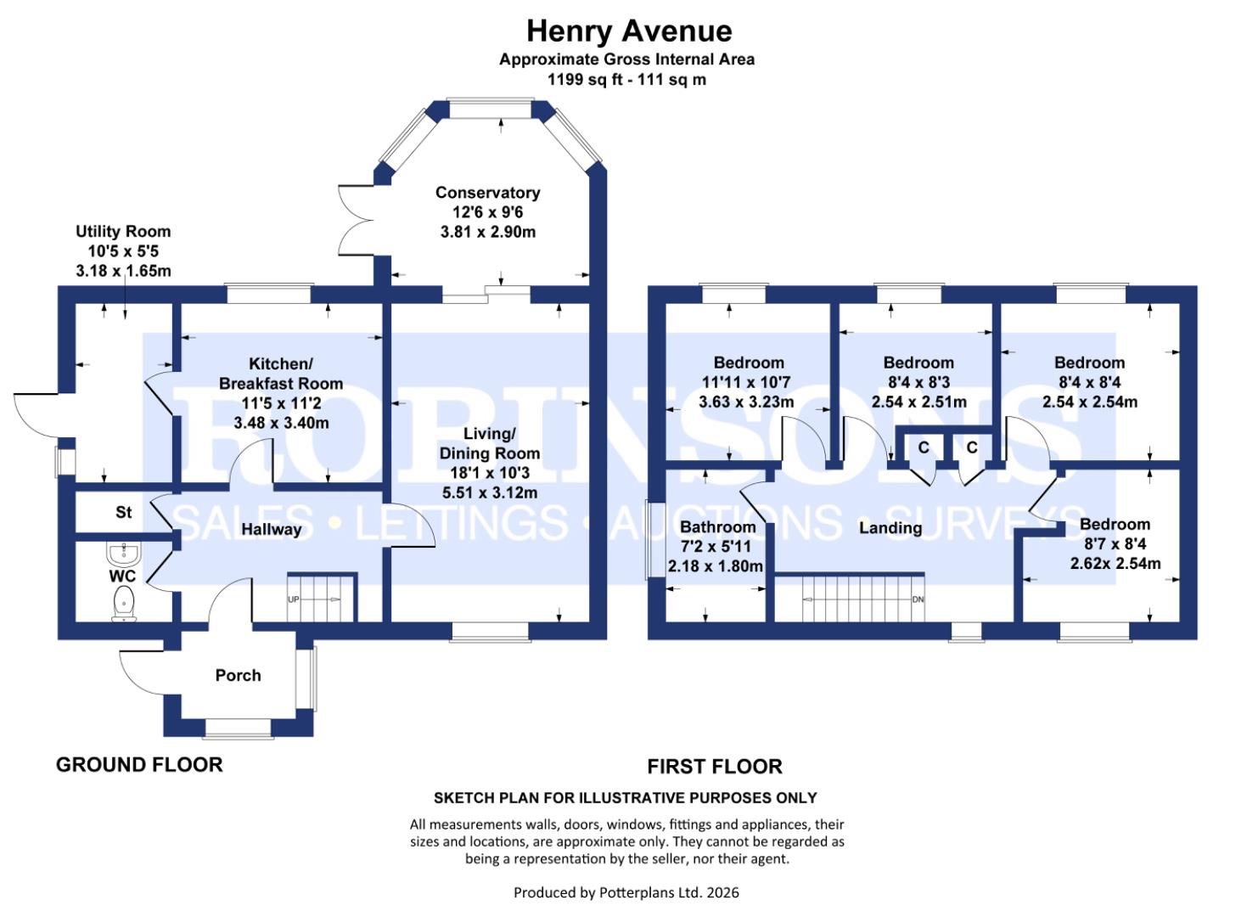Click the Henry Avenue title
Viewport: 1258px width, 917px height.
(x=628, y=31)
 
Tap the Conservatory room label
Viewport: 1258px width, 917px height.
(x=487, y=193)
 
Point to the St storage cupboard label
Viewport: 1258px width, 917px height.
(x=124, y=512)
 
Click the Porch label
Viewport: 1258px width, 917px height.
(x=238, y=676)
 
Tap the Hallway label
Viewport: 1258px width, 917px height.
(x=271, y=530)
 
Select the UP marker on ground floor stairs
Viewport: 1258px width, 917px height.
(x=294, y=599)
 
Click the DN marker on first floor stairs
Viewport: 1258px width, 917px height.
(x=918, y=599)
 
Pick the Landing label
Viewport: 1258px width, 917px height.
(x=890, y=528)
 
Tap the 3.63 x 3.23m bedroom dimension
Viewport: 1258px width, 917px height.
(x=746, y=402)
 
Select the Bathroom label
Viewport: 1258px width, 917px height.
(x=717, y=527)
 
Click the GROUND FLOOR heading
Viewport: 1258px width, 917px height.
(x=139, y=765)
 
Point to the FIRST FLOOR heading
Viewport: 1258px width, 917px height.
(x=714, y=767)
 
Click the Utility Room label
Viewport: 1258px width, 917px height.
(x=123, y=232)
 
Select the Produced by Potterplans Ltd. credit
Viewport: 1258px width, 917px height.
(x=626, y=892)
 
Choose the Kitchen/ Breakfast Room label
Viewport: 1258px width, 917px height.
(x=280, y=374)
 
